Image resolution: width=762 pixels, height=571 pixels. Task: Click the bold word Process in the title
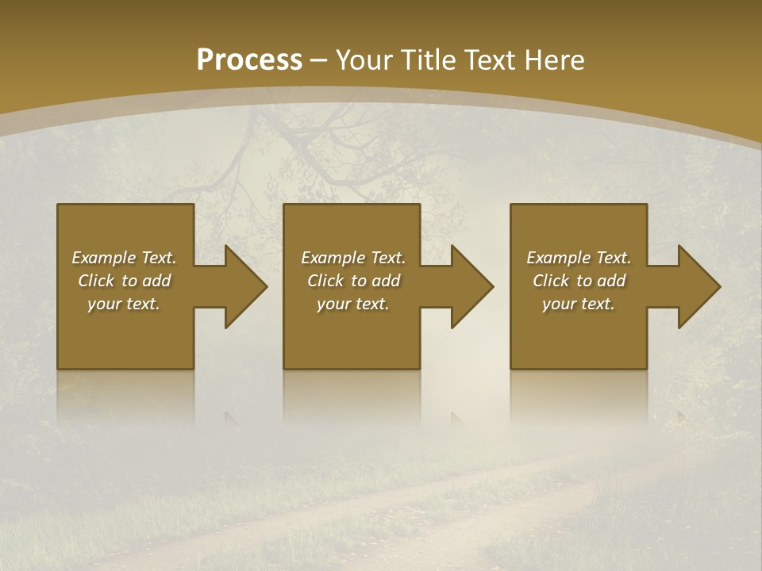[x=249, y=60]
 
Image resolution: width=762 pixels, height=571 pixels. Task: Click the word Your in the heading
[x=366, y=60]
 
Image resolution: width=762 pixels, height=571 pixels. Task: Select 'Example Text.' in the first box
[x=124, y=258]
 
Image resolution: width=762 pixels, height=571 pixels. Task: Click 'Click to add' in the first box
[x=124, y=281]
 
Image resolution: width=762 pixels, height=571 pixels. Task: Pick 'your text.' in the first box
[x=124, y=304]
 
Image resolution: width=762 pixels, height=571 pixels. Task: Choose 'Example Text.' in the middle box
[x=353, y=258]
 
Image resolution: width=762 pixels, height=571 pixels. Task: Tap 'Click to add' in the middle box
[x=353, y=281]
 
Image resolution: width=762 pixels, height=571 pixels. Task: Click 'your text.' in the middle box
[x=353, y=304]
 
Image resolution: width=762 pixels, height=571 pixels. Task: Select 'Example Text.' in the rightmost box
[x=579, y=258]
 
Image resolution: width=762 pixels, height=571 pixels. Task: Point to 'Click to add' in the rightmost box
[x=579, y=281]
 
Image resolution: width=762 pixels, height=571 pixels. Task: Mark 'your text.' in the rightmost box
[x=579, y=304]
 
